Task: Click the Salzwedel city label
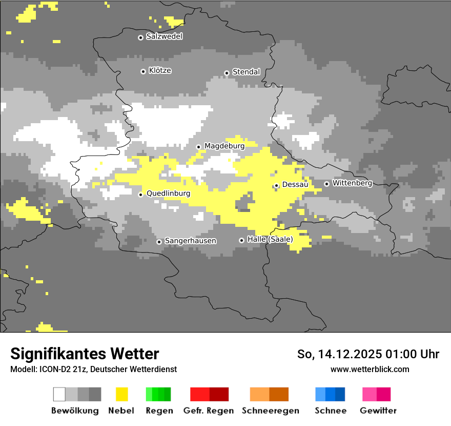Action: tap(164, 36)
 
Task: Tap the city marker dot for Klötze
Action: tap(143, 71)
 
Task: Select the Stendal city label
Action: tap(246, 72)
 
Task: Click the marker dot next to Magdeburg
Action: tap(199, 147)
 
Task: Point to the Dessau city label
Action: tap(295, 185)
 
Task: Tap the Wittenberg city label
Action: tap(352, 183)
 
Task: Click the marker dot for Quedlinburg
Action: tap(141, 195)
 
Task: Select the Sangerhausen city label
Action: tap(190, 241)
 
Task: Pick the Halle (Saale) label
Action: tap(270, 240)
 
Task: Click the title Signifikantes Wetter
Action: tap(85, 354)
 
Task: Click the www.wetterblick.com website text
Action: tap(370, 370)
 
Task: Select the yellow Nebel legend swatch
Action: tap(121, 394)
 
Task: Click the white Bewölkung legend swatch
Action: tap(59, 394)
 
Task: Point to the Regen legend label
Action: tap(158, 411)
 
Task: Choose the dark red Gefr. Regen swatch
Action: tap(219, 394)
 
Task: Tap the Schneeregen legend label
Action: tap(270, 411)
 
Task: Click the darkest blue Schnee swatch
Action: tap(340, 394)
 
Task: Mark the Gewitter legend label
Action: tap(378, 411)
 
